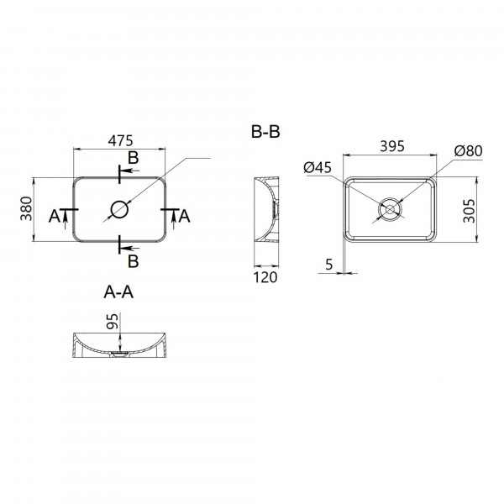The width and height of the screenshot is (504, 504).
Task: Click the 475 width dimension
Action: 120,141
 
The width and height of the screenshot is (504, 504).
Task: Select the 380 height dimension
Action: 26,208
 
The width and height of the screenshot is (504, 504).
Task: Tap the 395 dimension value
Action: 392,146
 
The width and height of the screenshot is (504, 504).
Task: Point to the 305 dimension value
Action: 469,211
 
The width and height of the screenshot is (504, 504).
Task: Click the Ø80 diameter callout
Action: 468,150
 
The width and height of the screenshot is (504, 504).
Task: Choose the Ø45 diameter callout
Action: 318,167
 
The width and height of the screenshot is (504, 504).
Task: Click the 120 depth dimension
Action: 265,277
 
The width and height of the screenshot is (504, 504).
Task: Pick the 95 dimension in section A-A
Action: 113,321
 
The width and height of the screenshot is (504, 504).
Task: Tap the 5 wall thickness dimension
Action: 328,265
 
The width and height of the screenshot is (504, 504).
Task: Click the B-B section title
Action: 265,132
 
